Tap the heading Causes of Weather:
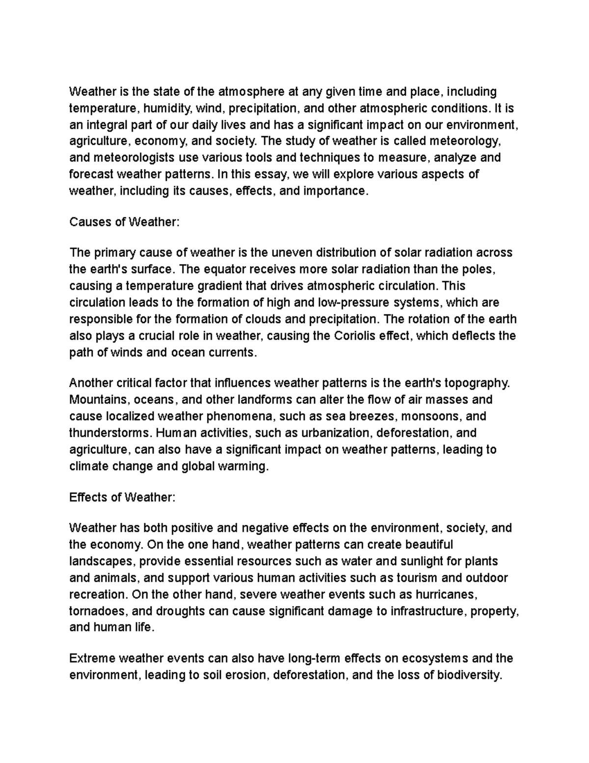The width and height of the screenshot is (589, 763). (125, 222)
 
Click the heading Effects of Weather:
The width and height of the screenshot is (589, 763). (122, 497)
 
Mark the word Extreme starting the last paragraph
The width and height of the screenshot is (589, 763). (92, 658)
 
